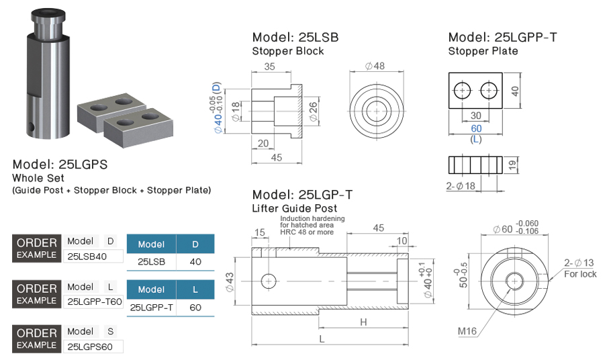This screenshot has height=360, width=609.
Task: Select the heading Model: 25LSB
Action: (295, 38)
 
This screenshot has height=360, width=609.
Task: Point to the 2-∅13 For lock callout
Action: (579, 268)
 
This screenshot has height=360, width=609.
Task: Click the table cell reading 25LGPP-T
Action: (151, 308)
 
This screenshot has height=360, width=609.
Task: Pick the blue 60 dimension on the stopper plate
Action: (476, 128)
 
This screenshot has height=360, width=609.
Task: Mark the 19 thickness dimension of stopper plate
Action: (513, 165)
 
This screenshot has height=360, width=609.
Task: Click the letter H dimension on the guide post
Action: (363, 322)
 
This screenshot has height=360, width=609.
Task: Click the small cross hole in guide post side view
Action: (269, 281)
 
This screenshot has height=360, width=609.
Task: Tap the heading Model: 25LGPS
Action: (60, 164)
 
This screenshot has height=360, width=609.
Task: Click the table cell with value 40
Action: (195, 262)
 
